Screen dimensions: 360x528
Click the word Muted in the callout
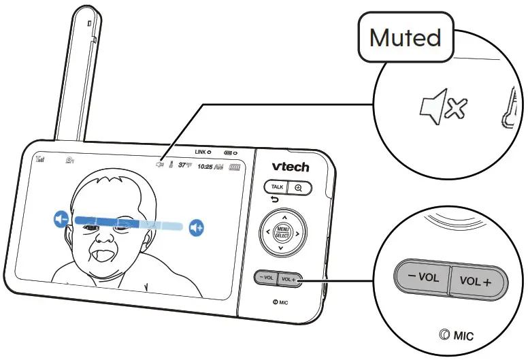point(405,38)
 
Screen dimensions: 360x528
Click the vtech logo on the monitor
point(290,166)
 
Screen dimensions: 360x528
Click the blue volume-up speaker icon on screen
point(197,227)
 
